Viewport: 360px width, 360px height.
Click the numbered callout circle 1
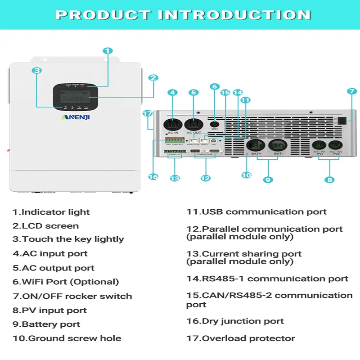[108, 51]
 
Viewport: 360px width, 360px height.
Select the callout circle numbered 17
[148, 113]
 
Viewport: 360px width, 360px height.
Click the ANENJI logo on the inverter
[76, 117]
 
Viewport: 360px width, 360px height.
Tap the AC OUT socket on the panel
[193, 123]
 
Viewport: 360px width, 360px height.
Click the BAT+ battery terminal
[256, 145]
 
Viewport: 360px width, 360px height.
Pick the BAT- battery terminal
[278, 145]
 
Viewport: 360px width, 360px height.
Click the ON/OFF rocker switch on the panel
[343, 121]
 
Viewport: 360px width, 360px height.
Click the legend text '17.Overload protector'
[240, 338]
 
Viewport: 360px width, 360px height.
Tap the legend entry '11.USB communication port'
[256, 211]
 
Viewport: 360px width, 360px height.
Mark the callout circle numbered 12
[205, 178]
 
